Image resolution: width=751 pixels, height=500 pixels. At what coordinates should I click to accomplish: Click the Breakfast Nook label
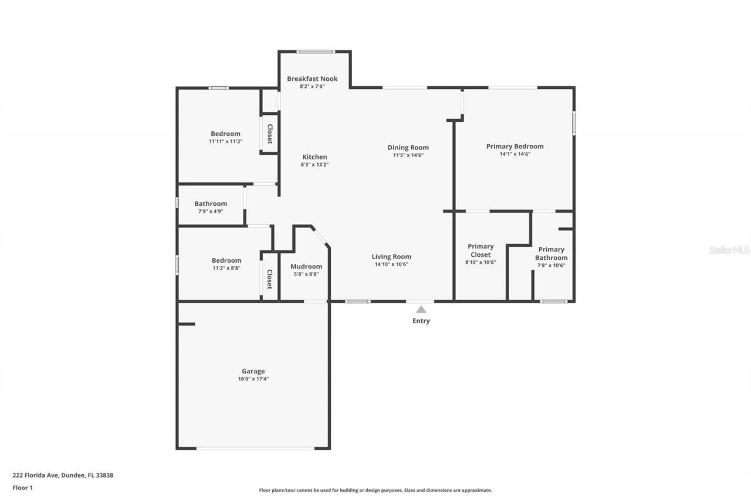312,79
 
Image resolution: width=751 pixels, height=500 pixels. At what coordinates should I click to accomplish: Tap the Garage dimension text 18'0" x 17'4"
253,379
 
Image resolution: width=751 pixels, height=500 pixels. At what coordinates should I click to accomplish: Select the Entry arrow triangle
421,309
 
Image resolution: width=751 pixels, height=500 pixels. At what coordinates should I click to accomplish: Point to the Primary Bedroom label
515,146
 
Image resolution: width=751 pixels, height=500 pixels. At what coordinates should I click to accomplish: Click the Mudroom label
306,266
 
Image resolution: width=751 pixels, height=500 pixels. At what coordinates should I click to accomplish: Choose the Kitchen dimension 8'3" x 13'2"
314,165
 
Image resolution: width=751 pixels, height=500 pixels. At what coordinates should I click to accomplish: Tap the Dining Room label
408,147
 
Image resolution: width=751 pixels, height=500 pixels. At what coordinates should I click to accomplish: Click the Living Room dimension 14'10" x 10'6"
391,264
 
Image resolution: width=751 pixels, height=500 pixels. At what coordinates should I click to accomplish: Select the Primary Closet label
481,250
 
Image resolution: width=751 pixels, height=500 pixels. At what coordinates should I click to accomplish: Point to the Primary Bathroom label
551,253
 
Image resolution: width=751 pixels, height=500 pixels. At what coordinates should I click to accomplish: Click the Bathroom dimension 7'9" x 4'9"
211,212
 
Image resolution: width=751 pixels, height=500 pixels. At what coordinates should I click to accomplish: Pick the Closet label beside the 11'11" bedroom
270,134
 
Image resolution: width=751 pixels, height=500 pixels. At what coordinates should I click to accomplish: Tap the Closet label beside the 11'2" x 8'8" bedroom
270,279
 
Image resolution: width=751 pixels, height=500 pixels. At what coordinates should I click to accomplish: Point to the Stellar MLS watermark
729,250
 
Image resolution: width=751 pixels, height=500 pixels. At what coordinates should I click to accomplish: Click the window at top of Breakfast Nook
316,52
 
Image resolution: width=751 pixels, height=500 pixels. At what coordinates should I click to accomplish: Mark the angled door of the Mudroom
320,237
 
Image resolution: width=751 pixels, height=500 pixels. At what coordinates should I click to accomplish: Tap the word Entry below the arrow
421,321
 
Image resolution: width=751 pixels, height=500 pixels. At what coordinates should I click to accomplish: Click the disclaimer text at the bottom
375,490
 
